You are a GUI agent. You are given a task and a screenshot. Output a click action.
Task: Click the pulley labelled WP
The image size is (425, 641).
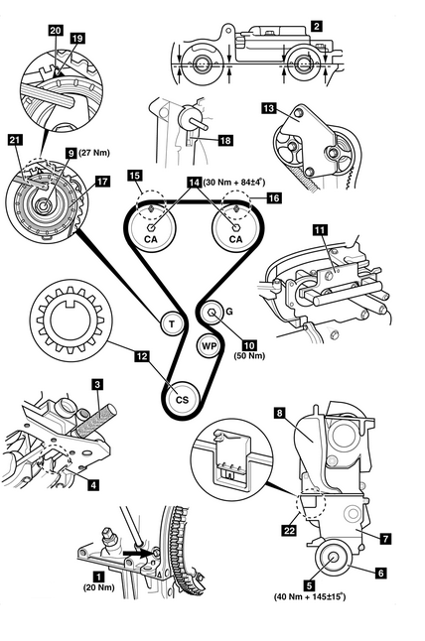pyautogui.click(x=209, y=346)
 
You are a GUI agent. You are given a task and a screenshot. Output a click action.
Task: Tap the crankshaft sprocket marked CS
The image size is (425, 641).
pyautogui.click(x=183, y=399)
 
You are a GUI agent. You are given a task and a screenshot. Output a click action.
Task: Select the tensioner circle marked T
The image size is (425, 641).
pyautogui.click(x=172, y=324)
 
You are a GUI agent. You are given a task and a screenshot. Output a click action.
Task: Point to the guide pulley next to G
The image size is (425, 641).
pyautogui.click(x=212, y=313)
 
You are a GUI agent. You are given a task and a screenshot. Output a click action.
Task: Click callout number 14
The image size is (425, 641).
pyautogui.click(x=195, y=183)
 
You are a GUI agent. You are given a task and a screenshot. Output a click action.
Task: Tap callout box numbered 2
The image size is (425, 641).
pyautogui.click(x=316, y=26)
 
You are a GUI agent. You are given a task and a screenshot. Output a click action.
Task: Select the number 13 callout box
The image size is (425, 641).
pyautogui.click(x=268, y=109)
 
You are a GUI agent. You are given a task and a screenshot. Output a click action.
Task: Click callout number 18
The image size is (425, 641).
pyautogui.click(x=225, y=140)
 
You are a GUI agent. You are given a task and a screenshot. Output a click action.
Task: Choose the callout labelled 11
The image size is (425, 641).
pyautogui.click(x=320, y=230)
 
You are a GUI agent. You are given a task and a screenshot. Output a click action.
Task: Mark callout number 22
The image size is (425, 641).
pyautogui.click(x=289, y=530)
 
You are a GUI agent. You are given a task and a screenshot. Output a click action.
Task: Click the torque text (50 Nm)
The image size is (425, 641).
pyautogui.click(x=249, y=355)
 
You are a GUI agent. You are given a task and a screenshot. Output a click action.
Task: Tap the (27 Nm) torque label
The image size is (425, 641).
pyautogui.click(x=94, y=153)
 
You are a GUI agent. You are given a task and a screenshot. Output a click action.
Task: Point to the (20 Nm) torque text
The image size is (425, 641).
pyautogui.click(x=99, y=587)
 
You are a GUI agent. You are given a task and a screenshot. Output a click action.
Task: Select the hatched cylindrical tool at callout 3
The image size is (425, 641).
pyautogui.click(x=96, y=418)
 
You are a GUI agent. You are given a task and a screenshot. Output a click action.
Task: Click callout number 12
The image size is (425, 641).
pyautogui.click(x=142, y=356)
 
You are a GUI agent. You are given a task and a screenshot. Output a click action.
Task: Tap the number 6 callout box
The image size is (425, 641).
pyautogui.click(x=381, y=574)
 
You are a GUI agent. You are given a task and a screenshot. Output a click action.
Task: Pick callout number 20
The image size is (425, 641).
pyautogui.click(x=56, y=30)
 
